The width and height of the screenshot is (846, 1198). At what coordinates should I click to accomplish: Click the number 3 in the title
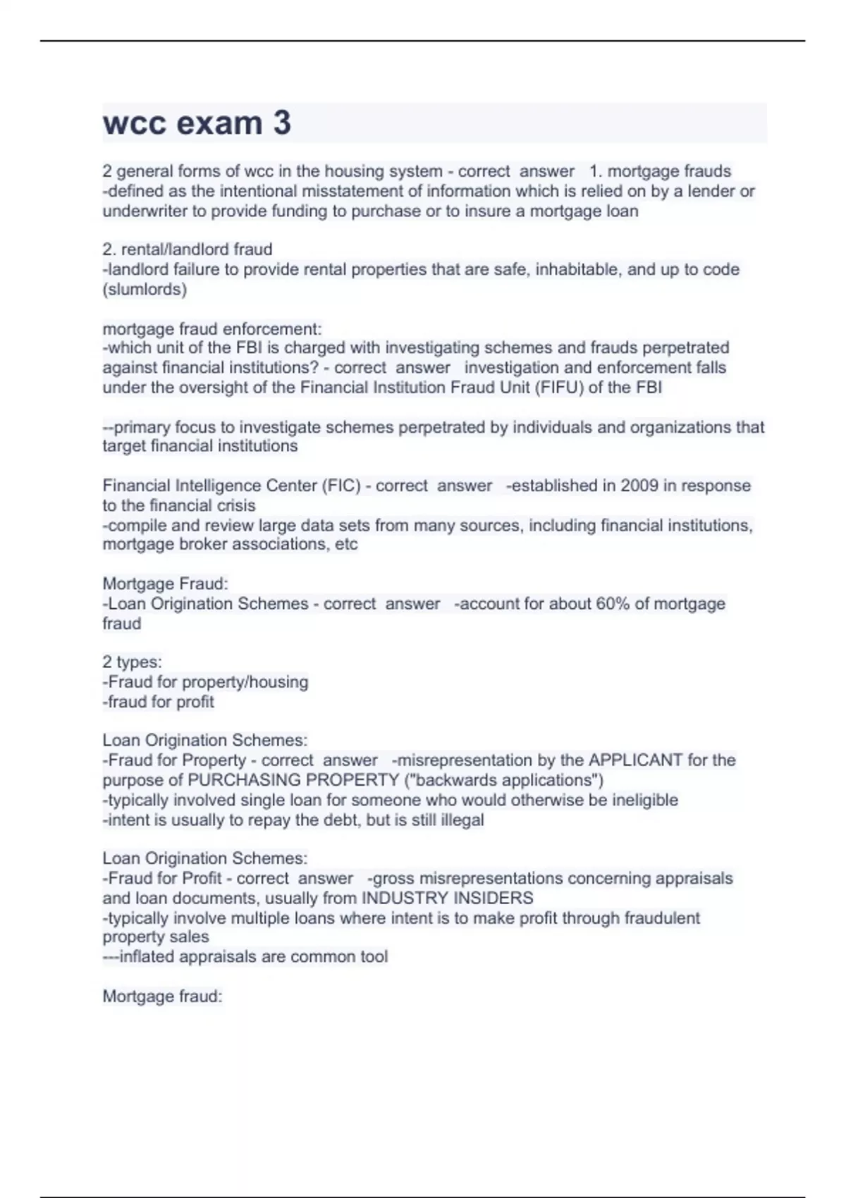[281, 123]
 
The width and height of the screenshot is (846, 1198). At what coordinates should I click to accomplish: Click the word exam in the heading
[219, 123]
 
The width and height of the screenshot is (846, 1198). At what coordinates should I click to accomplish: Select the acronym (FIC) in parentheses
[341, 486]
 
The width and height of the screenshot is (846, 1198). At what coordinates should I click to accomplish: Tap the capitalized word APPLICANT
[635, 760]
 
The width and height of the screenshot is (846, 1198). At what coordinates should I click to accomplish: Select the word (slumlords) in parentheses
[145, 290]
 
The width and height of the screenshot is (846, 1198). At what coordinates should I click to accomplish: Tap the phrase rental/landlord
[176, 249]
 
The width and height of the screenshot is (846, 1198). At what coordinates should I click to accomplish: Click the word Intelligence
[209, 486]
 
